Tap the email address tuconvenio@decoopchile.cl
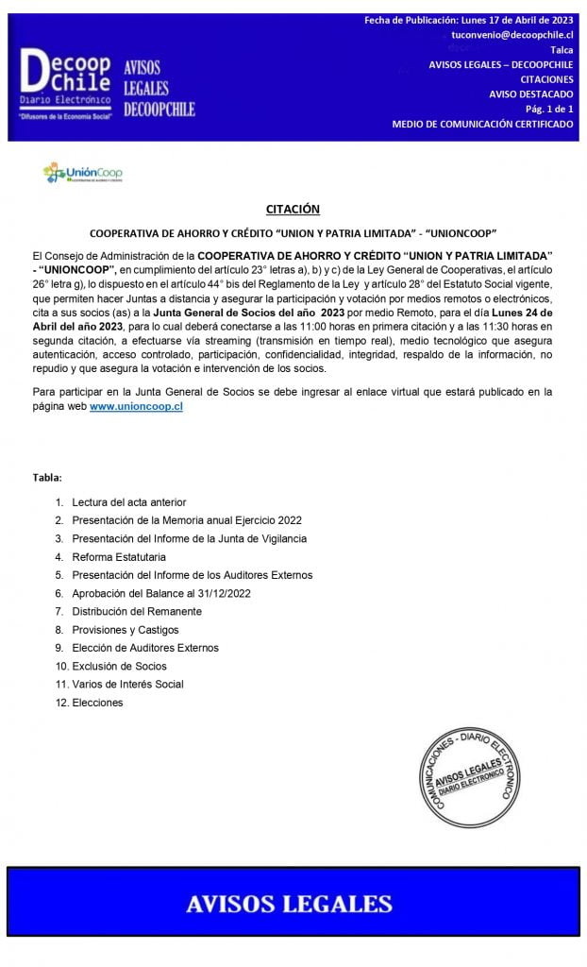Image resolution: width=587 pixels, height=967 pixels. coord(512,35)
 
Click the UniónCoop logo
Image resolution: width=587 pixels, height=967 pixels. coord(83,174)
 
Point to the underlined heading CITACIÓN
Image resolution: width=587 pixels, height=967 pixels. coord(293,210)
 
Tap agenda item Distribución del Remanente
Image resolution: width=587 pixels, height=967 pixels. coord(136,611)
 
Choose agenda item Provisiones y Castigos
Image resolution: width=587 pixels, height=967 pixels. coord(125,630)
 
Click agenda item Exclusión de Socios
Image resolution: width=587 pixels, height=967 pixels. coord(119,666)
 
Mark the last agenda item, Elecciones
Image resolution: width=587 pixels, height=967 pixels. coord(97,703)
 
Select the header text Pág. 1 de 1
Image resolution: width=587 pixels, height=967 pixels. coord(549,110)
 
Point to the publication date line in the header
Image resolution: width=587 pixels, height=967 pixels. coord(468,21)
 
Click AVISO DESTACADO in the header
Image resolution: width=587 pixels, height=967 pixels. coord(531,94)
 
